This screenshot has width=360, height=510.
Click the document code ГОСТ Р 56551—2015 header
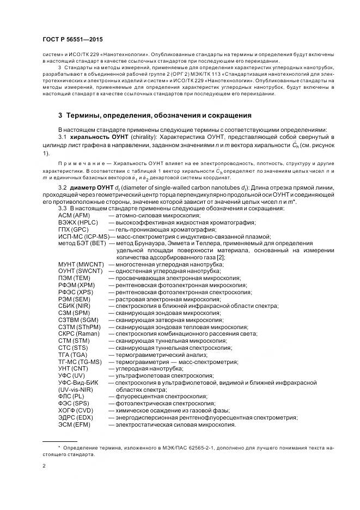(x=72, y=40)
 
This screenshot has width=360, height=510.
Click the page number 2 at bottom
(x=44, y=466)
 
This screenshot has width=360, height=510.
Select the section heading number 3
(x=60, y=116)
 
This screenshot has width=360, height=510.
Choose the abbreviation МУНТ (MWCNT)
(x=82, y=264)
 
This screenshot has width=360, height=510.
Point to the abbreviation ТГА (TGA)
(x=75, y=354)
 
